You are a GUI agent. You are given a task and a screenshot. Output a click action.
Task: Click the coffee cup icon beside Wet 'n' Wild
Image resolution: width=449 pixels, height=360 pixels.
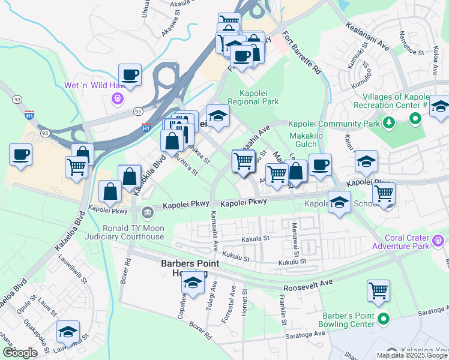(x=130, y=76)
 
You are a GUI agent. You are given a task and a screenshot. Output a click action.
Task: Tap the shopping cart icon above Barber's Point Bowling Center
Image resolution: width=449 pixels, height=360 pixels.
(x=379, y=290)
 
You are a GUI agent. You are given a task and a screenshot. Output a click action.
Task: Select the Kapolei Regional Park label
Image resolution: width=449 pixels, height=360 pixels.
(x=259, y=98)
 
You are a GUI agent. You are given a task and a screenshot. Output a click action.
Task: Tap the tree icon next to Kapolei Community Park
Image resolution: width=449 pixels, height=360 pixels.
(x=388, y=123)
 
